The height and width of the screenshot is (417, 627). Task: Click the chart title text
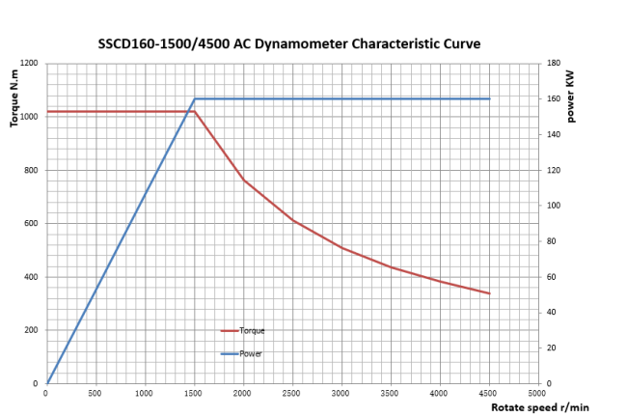click(289, 43)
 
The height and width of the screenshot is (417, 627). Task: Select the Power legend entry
click(251, 353)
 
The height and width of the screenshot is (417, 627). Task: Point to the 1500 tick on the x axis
click(194, 393)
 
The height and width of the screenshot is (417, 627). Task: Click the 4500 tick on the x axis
click(490, 393)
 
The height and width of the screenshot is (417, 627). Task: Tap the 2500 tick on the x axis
click(292, 393)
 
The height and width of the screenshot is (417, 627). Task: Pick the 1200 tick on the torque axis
click(29, 64)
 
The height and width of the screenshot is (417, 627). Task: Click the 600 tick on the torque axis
click(31, 224)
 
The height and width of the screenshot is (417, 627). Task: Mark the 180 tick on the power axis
click(554, 64)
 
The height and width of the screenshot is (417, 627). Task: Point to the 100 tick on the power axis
click(554, 206)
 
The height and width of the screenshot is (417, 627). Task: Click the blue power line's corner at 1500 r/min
click(195, 98)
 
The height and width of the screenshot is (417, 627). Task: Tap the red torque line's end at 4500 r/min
click(490, 293)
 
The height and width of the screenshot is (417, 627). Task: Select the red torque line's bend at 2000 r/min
click(244, 180)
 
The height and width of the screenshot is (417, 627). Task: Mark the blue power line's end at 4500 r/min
click(490, 98)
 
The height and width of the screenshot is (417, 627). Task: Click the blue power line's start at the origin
click(47, 383)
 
